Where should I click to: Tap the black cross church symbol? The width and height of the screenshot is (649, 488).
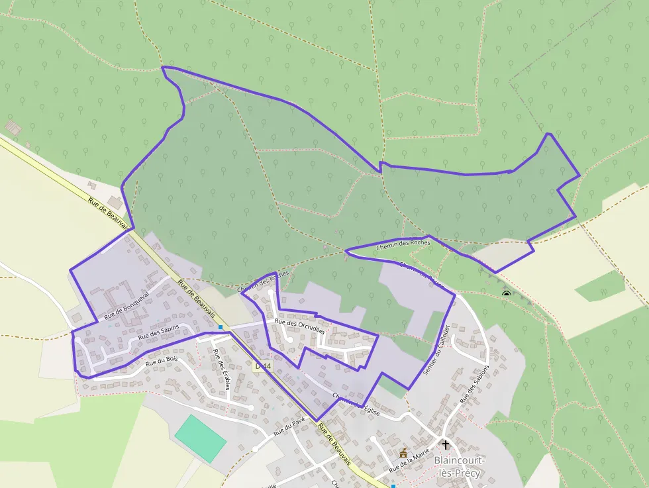(446, 445)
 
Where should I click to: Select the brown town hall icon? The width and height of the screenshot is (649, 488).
(403, 453)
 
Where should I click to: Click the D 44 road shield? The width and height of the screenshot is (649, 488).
(263, 366)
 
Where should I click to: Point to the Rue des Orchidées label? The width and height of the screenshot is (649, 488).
(299, 326)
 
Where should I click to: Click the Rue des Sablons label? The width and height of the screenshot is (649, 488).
(474, 385)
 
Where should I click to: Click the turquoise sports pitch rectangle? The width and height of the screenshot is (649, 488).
(200, 438)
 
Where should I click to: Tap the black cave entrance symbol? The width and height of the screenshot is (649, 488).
(507, 293)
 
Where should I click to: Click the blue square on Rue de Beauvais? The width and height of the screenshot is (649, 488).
(220, 326)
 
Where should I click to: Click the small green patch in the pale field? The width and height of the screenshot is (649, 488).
(599, 287)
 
